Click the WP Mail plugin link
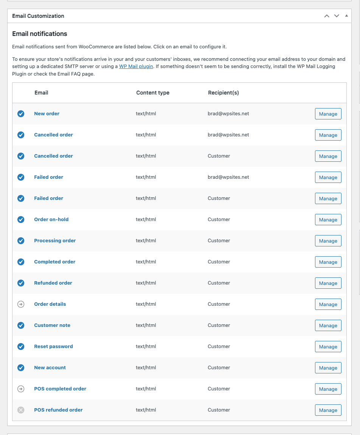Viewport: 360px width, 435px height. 136,67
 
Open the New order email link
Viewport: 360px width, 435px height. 47,114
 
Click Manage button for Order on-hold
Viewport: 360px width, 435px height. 328,220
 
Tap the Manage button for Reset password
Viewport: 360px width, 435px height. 328,347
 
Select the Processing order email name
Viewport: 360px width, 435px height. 55,241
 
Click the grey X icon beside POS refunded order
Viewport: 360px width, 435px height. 21,410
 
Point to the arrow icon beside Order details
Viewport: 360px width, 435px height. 21,304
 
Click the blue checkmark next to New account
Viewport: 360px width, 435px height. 21,368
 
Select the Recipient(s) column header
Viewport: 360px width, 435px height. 223,93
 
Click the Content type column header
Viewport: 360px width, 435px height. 153,93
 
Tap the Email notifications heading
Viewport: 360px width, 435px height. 40,34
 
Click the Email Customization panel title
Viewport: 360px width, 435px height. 38,16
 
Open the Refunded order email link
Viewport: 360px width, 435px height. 53,283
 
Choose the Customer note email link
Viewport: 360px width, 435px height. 52,325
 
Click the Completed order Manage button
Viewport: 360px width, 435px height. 328,262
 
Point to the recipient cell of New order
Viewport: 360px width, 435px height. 228,114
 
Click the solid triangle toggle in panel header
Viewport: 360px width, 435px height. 346,16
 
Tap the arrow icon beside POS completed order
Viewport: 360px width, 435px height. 21,389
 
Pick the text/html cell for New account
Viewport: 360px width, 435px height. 146,368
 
